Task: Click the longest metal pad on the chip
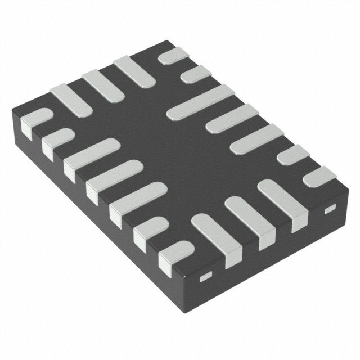click(200, 101)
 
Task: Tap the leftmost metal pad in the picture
click(34, 121)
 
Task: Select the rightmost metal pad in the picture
click(319, 176)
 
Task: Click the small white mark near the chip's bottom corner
click(205, 276)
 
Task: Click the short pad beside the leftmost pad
click(57, 139)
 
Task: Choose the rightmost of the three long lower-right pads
click(279, 200)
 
